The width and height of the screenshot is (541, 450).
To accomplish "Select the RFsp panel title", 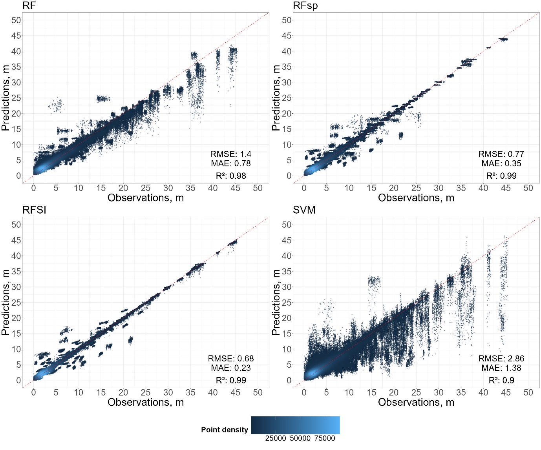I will (x=305, y=6).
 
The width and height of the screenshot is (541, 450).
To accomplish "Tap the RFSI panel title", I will (x=34, y=210).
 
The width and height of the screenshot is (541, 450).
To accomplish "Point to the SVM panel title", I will (x=304, y=210).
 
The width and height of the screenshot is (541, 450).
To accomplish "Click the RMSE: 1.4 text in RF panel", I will (x=231, y=154).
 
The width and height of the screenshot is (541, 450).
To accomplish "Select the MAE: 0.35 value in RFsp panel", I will (x=501, y=163).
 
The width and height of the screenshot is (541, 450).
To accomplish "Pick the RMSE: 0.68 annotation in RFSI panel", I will (x=231, y=359).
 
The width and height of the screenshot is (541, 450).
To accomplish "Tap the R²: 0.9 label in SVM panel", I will (x=501, y=380).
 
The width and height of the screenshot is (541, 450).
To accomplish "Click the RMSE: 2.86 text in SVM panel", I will (x=501, y=359).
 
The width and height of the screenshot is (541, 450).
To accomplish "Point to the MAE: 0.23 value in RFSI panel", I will (x=231, y=368).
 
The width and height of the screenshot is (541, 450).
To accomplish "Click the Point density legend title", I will (x=225, y=430).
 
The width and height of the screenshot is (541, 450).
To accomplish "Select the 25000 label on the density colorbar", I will (x=276, y=439).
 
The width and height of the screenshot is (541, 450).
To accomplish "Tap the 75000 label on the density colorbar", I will (x=325, y=439).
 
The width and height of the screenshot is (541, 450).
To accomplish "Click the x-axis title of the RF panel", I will (x=146, y=198).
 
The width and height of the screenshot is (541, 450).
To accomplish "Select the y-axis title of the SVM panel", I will (x=276, y=302).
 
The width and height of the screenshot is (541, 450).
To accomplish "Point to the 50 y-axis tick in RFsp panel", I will (x=287, y=20).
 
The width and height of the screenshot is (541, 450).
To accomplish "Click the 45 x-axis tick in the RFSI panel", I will (x=235, y=392).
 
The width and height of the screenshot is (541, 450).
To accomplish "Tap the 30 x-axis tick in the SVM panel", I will (x=439, y=392).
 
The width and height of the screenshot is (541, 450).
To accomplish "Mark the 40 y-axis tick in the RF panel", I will (x=16, y=51).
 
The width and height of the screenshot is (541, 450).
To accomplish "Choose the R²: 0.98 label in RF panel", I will (x=231, y=176).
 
